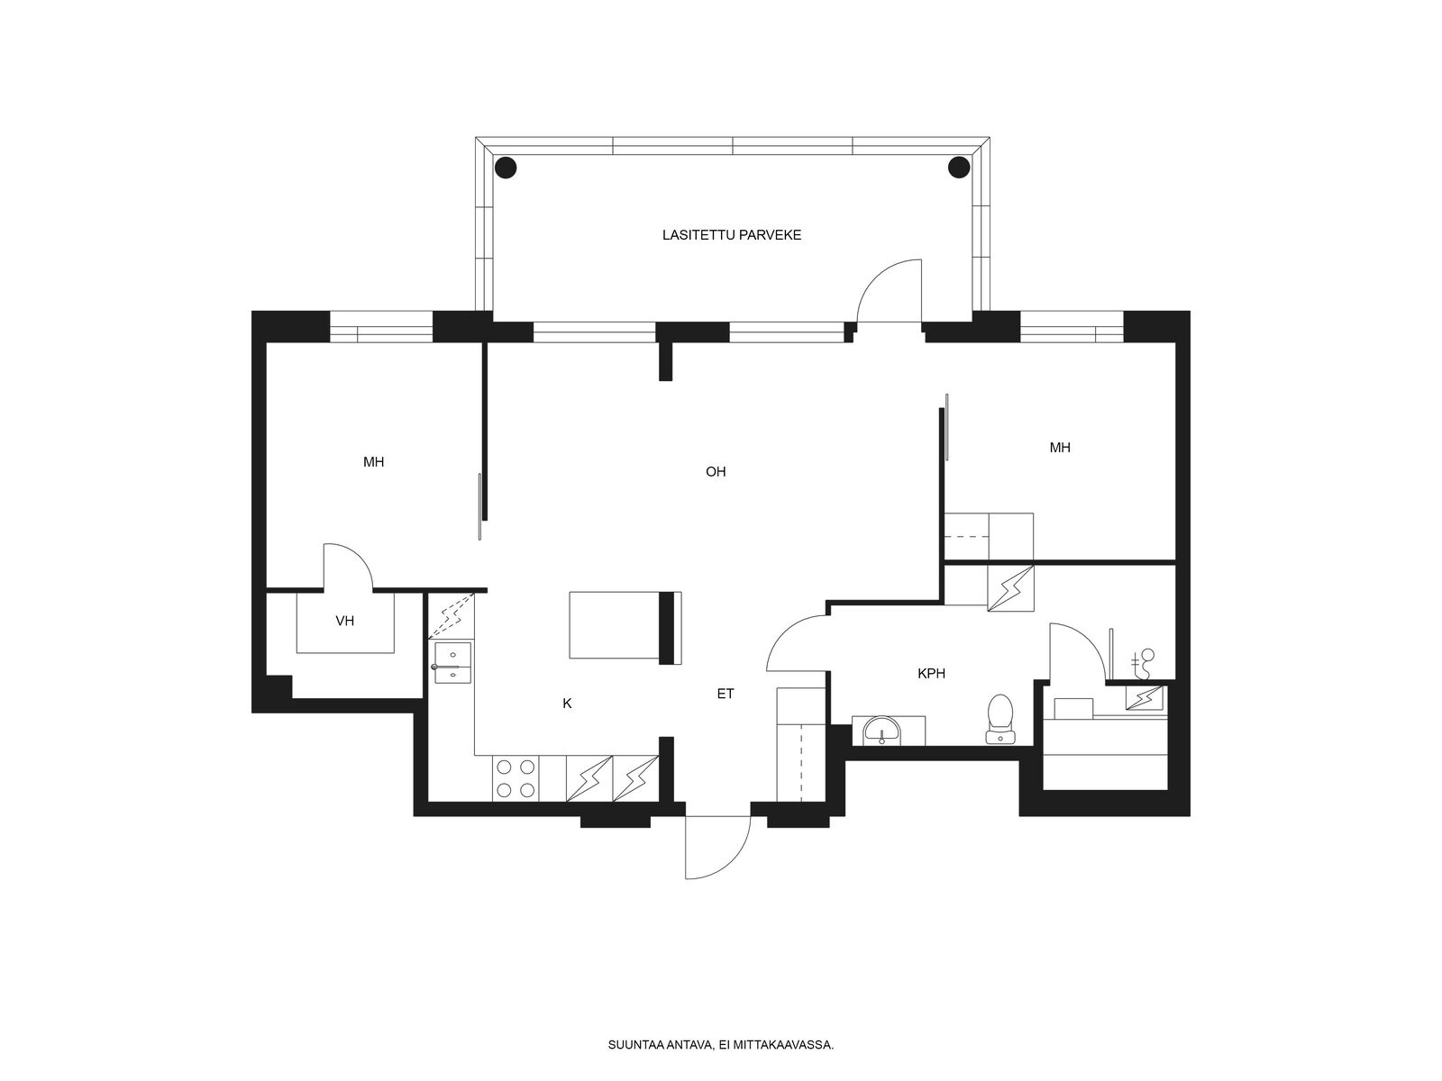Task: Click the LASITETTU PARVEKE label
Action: coord(731,235)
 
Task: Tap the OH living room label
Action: coord(716,471)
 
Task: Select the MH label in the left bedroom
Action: coord(373,462)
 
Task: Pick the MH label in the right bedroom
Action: coord(1060,448)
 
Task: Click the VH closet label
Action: coord(345,621)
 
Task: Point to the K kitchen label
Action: coord(567,704)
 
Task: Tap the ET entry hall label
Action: coord(726,694)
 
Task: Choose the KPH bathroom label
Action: coord(932,674)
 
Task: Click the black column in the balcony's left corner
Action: coord(506,168)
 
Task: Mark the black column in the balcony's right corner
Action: coord(959,168)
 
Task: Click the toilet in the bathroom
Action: coord(1000,720)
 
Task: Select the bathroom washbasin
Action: coord(881,731)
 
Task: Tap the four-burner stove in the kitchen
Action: coord(516,778)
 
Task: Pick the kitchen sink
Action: coord(452,662)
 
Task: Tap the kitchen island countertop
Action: coord(625,625)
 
